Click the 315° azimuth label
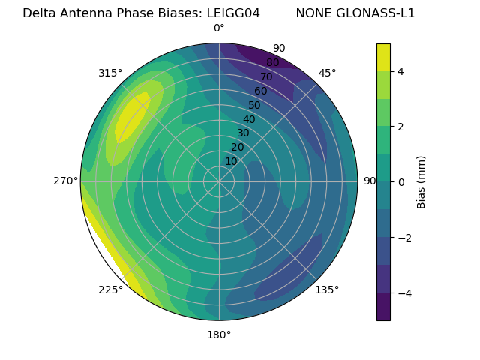pyautogui.click(x=110, y=73)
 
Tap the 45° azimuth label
pyautogui.click(x=327, y=73)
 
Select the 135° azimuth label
pyautogui.click(x=327, y=289)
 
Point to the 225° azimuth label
pyautogui.click(x=110, y=290)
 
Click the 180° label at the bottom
pyautogui.click(x=219, y=334)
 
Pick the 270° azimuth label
pyautogui.click(x=66, y=181)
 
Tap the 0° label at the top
pyautogui.click(x=219, y=28)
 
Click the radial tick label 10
pyautogui.click(x=231, y=161)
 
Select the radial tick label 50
pyautogui.click(x=254, y=106)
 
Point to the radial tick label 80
pyautogui.click(x=272, y=62)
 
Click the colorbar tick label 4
pyautogui.click(x=401, y=71)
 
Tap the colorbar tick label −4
pyautogui.click(x=403, y=292)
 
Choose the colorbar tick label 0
pyautogui.click(x=401, y=181)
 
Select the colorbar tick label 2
pyautogui.click(x=401, y=127)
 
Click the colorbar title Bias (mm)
pyautogui.click(x=421, y=182)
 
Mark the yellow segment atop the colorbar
pyautogui.click(x=383, y=57)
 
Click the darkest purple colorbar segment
pyautogui.click(x=383, y=307)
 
